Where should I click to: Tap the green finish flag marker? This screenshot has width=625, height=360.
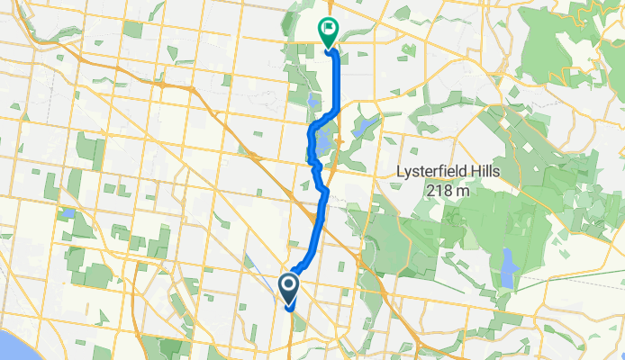327,32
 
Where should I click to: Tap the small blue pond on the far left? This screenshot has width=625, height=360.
68,213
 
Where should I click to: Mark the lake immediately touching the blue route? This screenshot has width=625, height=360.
322,142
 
